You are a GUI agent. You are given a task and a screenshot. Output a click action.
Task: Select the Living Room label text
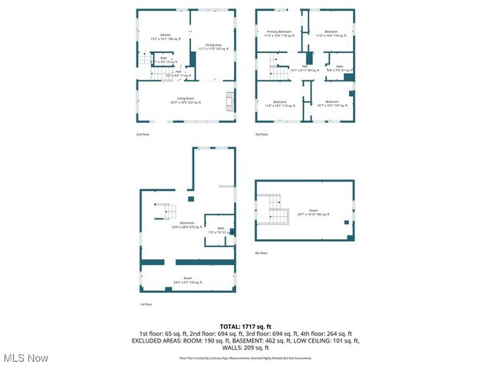coord(185,100)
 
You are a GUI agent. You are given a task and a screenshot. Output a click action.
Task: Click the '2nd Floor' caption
coord(142,134)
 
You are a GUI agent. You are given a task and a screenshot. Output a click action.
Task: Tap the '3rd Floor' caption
coord(262,134)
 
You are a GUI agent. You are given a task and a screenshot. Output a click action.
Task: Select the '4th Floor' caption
coord(262,252)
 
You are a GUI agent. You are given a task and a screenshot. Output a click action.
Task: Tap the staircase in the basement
coord(165,210)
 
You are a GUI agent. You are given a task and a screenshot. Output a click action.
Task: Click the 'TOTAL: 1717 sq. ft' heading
coord(245,327)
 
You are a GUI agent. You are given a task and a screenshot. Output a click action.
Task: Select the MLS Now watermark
coord(25,358)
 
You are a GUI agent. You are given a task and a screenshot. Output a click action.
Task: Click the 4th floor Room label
coord(313,213)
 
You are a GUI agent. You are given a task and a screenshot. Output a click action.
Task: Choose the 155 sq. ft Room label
coord(187,280)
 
